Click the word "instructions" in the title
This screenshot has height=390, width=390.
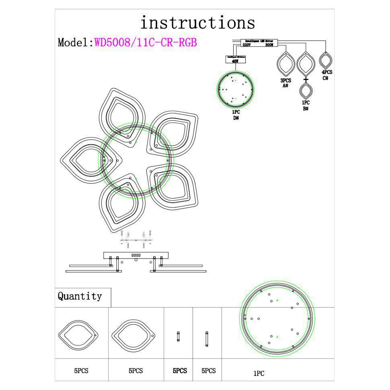tap(197, 23)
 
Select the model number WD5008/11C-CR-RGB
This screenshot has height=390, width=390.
tap(146, 43)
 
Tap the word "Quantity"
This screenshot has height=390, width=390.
tap(80, 296)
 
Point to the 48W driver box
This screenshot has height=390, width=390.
tap(235, 60)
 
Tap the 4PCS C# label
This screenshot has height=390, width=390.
tap(326, 75)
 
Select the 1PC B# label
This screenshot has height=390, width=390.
tap(306, 106)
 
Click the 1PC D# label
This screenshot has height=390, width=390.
tap(236, 115)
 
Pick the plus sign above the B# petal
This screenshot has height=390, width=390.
tap(306, 79)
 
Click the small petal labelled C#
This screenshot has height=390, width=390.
tap(326, 61)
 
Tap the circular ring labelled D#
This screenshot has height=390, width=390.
tap(236, 89)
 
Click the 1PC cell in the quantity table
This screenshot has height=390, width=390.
tap(259, 374)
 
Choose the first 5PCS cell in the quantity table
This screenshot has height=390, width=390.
tap(81, 371)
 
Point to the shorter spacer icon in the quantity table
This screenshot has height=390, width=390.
tap(178, 337)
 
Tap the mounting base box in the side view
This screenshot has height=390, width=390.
tap(136, 255)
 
